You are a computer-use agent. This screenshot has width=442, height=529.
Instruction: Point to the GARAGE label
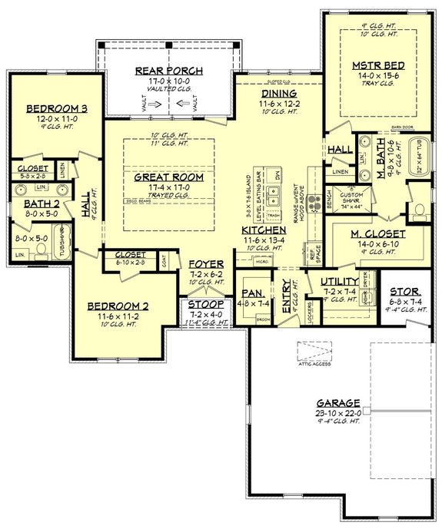click(337, 402)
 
